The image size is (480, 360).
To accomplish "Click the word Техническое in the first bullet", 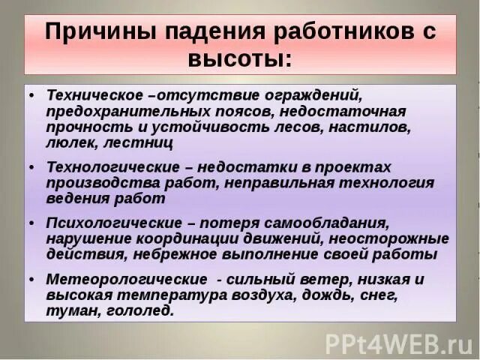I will point(95,97).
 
